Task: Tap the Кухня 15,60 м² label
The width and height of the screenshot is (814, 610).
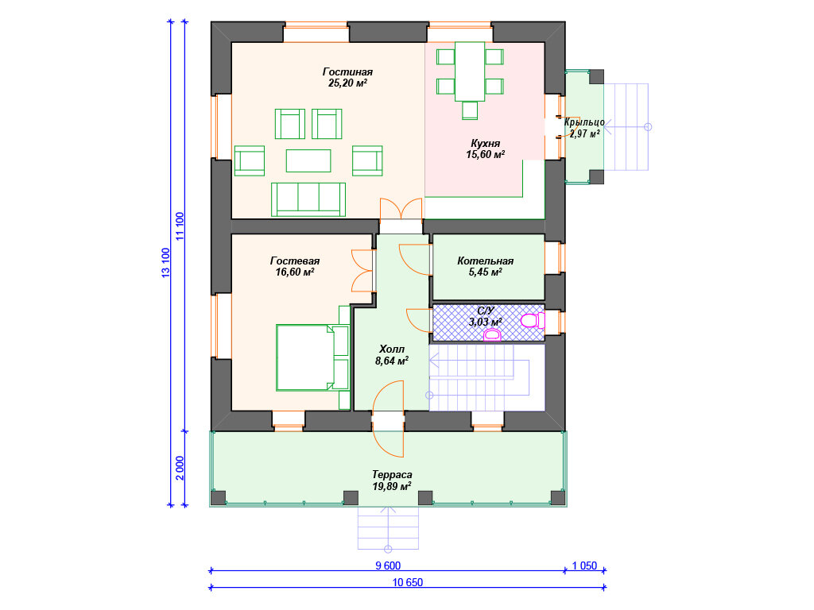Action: coord(486,149)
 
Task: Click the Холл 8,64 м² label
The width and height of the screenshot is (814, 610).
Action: coord(391,355)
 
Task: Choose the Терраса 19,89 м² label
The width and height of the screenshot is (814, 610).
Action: coord(392,481)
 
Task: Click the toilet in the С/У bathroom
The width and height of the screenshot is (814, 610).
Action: coord(533,321)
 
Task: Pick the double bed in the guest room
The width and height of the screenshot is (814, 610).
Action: coord(312,357)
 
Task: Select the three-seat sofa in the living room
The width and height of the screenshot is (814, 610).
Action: coord(308,199)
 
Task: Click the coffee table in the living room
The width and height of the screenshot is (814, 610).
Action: coord(308,160)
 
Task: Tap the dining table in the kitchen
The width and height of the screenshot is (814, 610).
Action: coord(470,71)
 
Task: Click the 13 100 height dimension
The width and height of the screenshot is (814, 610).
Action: coord(165,262)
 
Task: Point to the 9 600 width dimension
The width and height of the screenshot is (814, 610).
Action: coord(388,566)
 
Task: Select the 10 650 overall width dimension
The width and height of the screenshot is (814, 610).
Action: coord(408,582)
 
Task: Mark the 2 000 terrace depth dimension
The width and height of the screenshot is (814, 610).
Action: coord(180,468)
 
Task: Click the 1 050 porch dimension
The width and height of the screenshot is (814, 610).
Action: coord(584,566)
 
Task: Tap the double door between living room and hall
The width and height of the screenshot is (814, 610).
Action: coord(401,210)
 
